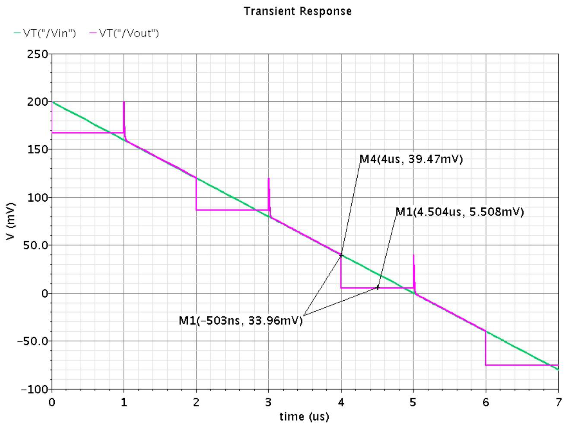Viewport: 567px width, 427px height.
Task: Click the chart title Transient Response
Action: pos(298,11)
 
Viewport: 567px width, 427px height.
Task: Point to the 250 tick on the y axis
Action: pos(38,54)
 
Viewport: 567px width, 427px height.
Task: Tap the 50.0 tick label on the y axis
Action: pos(36,245)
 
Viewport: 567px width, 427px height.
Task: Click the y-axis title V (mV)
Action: pos(11,222)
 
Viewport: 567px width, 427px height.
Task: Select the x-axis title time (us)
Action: pos(304,417)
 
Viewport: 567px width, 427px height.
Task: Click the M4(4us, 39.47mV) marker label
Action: pos(411,159)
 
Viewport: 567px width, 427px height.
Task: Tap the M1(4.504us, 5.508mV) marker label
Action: pos(460,212)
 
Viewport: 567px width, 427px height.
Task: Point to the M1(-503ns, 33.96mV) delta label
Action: pos(241,321)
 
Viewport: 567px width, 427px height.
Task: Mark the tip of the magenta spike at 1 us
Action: pos(124,102)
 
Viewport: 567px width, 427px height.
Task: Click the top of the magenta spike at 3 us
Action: pos(269,178)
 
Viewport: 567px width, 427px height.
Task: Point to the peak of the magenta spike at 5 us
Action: pos(413,255)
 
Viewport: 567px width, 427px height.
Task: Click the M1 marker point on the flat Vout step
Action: pos(378,288)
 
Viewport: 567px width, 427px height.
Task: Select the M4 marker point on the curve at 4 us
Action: pos(341,255)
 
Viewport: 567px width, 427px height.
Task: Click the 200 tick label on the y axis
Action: pos(38,102)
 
